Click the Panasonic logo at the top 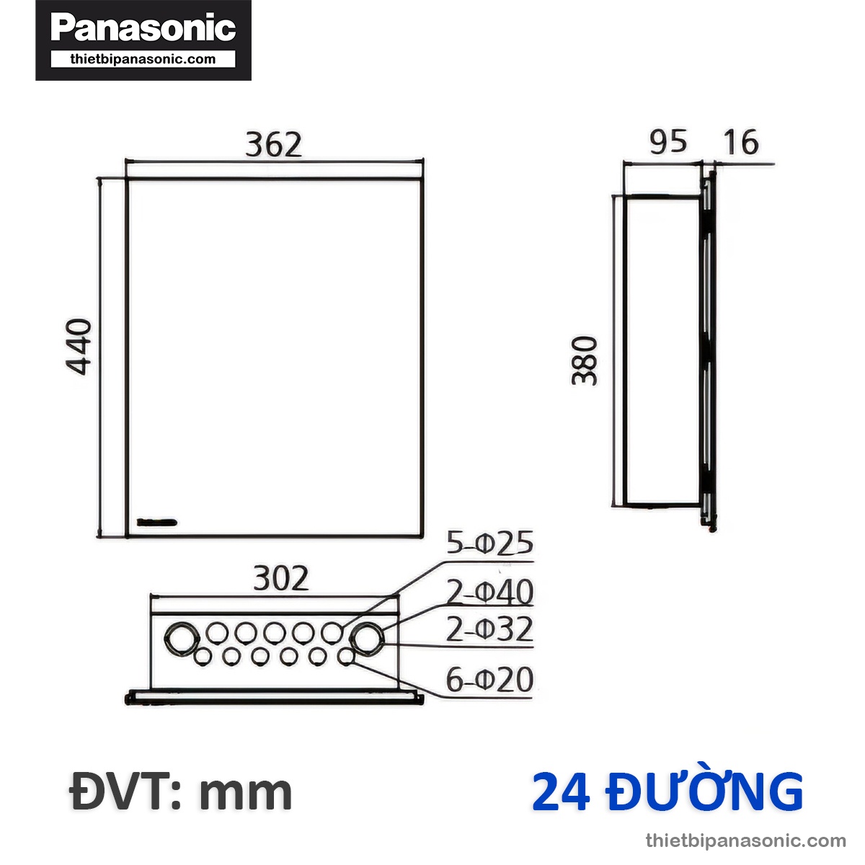pyautogui.click(x=143, y=29)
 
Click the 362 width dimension pyautogui.click(x=273, y=145)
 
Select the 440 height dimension pyautogui.click(x=79, y=346)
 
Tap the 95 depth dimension pyautogui.click(x=668, y=142)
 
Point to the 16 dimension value pyautogui.click(x=740, y=142)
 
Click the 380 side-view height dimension pyautogui.click(x=585, y=360)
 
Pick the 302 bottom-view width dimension pyautogui.click(x=280, y=578)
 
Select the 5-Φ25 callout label pyautogui.click(x=489, y=544)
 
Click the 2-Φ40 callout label pyautogui.click(x=489, y=593)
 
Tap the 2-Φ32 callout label pyautogui.click(x=489, y=629)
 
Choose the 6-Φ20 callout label pyautogui.click(x=489, y=680)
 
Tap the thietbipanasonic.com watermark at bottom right pyautogui.click(x=745, y=840)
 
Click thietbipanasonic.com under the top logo pyautogui.click(x=143, y=60)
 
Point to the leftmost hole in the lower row pyautogui.click(x=203, y=657)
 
